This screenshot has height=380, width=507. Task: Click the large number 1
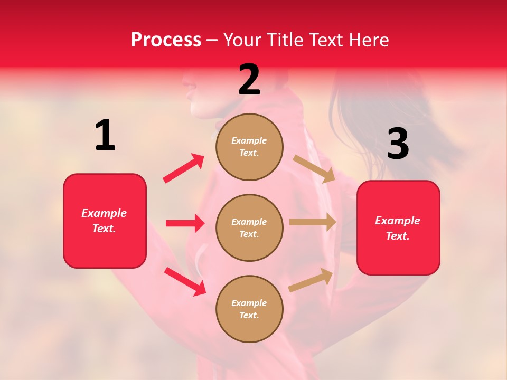pos(105,135)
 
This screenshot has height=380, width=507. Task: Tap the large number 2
pos(249,80)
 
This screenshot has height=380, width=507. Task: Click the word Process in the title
pos(166,40)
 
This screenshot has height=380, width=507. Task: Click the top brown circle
pos(249,147)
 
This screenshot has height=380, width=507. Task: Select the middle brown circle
pos(249,227)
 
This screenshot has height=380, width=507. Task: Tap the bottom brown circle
pos(249,309)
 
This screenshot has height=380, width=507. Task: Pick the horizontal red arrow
pos(185,223)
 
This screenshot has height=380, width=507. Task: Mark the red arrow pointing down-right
pos(185,281)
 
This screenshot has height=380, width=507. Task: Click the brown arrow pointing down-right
pos(314,168)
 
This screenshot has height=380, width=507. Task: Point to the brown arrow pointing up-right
pos(311,280)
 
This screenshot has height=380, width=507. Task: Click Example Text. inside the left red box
pos(104,221)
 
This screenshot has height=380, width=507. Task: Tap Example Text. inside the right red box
pos(398,228)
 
